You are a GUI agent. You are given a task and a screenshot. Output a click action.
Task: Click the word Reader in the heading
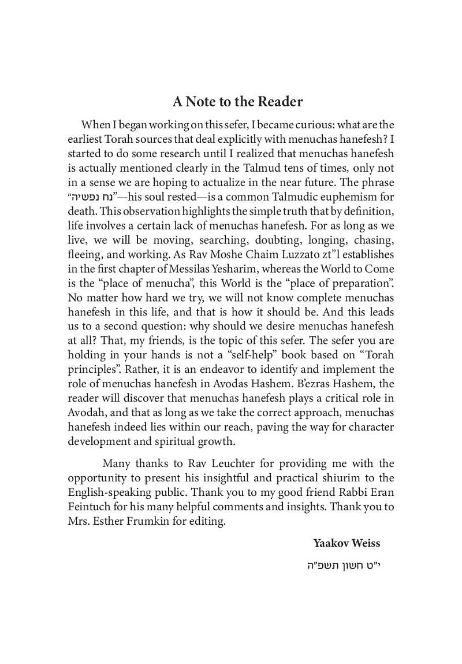click(277, 102)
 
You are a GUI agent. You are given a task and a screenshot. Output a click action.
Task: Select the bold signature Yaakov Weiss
click(346, 543)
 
